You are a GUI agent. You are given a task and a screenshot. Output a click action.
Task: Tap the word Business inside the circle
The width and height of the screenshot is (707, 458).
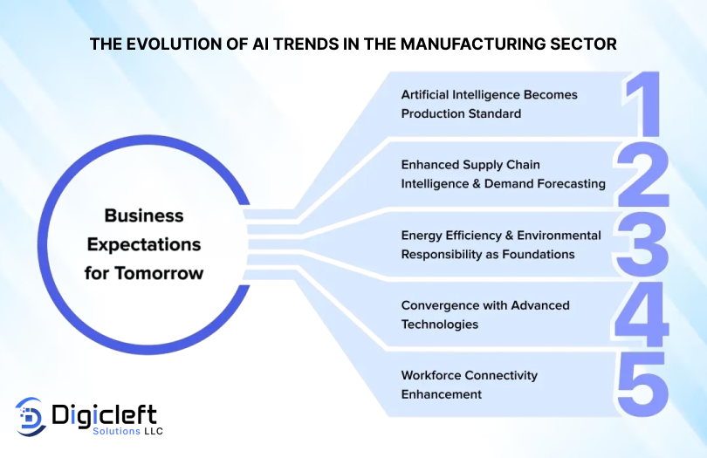[144, 215]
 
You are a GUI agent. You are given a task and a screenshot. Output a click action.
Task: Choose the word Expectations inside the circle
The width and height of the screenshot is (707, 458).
[144, 244]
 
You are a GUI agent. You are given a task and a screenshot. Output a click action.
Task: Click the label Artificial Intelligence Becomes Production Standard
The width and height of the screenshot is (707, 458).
[489, 104]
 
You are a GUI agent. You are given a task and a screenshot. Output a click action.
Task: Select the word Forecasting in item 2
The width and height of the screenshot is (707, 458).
[567, 183]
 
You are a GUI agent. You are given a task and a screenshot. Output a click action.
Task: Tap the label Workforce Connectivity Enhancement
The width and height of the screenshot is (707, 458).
[469, 385]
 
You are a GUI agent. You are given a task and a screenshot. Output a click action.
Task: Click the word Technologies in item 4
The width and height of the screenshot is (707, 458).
[440, 324]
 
